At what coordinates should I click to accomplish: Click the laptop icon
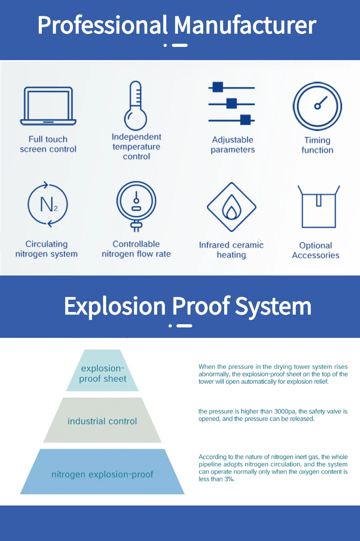click(x=48, y=106)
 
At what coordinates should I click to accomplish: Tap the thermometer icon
click(x=136, y=106)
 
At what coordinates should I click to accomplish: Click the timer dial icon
click(x=317, y=107)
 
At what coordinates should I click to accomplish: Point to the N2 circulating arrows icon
click(x=47, y=204)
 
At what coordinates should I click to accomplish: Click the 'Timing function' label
click(x=317, y=145)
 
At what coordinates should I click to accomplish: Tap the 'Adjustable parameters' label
click(x=232, y=145)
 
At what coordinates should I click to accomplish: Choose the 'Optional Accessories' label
click(x=316, y=250)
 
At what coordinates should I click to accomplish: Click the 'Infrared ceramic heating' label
click(x=231, y=250)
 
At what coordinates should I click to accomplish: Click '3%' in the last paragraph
click(x=228, y=479)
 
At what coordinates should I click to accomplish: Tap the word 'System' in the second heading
click(x=273, y=306)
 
